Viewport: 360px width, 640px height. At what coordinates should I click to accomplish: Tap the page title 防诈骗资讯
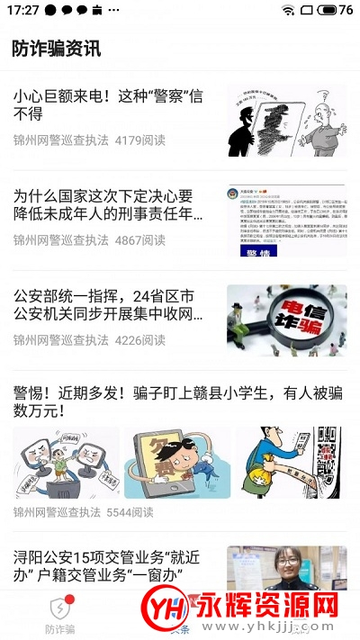click(57, 49)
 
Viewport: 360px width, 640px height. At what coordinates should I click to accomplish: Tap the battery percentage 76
click(346, 10)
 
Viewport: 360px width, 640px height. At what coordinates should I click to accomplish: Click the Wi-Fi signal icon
click(288, 10)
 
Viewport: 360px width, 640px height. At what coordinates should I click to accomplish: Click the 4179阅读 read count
click(140, 140)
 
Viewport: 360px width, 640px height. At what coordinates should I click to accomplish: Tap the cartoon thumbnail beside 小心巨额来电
click(286, 121)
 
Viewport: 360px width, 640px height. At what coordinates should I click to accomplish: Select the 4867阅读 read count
click(140, 240)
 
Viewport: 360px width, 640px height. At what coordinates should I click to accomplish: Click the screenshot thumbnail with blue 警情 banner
click(286, 221)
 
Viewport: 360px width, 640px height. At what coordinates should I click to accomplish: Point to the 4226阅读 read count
click(140, 340)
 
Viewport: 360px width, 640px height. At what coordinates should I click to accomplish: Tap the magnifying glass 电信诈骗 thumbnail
click(286, 320)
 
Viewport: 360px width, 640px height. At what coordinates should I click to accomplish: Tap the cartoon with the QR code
click(291, 463)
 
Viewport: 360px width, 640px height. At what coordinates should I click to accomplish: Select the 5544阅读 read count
click(131, 512)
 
